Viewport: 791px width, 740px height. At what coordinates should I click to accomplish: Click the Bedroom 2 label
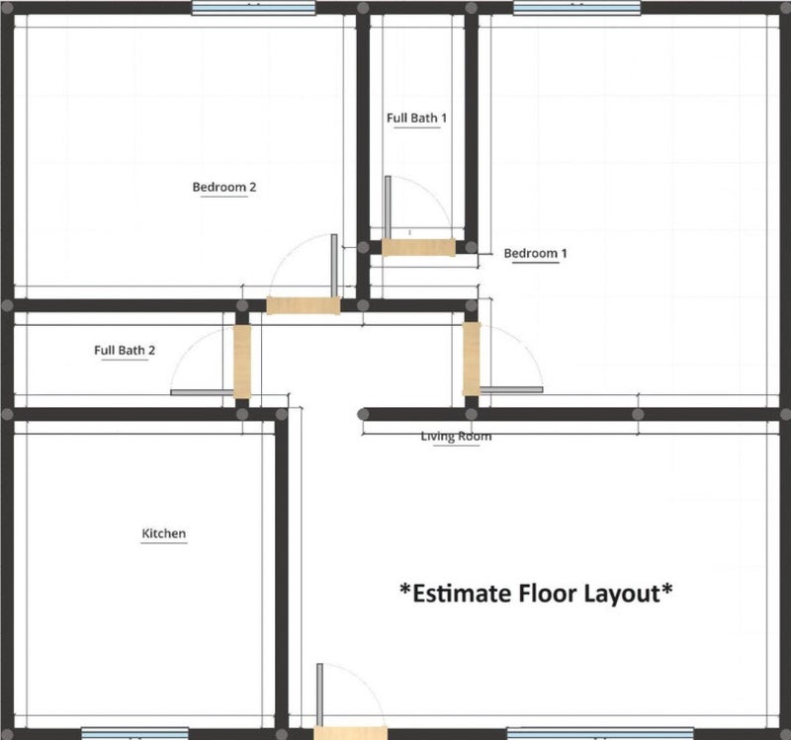click(224, 187)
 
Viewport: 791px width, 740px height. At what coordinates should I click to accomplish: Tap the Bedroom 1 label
click(535, 253)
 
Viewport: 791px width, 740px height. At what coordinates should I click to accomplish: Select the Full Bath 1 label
click(416, 118)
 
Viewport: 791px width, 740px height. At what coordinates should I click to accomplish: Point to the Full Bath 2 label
click(125, 350)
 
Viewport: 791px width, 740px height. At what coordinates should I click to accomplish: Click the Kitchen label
click(163, 534)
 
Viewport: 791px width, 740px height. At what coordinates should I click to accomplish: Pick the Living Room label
click(456, 436)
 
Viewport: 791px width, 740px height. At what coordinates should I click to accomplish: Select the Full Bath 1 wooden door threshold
click(418, 248)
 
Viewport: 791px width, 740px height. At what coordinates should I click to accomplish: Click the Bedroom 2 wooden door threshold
click(304, 305)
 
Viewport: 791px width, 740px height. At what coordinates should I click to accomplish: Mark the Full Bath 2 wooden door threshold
click(242, 362)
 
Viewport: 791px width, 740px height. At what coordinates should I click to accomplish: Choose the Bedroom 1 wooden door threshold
click(472, 359)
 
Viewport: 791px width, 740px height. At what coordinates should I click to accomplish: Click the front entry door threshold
click(351, 733)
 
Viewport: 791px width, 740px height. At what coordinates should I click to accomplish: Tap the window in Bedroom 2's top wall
click(253, 8)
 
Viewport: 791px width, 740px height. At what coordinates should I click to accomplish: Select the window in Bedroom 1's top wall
click(577, 8)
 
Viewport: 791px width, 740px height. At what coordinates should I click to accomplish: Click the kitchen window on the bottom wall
click(135, 733)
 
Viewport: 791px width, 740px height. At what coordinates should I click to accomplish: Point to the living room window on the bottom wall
click(600, 733)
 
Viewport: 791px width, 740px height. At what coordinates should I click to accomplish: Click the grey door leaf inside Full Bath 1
click(388, 207)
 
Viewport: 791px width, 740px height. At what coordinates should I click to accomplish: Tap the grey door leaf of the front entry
click(319, 695)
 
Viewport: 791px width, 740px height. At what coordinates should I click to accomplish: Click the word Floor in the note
click(548, 594)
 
